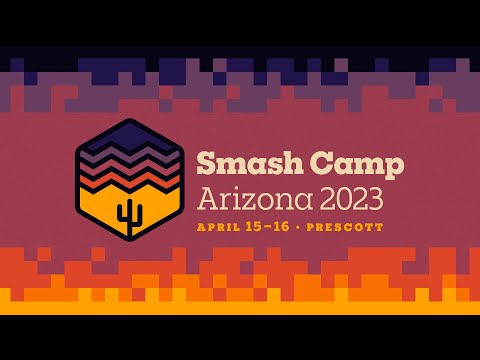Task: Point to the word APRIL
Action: tap(216, 227)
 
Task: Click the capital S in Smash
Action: tap(206, 163)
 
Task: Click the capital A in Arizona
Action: tap(207, 198)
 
